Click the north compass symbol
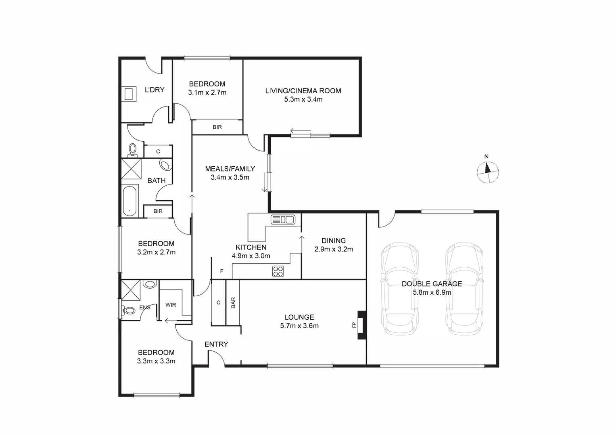[x=488, y=172]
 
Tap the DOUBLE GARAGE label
[x=432, y=284]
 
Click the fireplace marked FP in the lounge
[x=362, y=325]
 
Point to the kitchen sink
[x=283, y=220]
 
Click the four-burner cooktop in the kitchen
[x=278, y=271]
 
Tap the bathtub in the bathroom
[x=130, y=201]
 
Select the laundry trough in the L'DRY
[x=129, y=94]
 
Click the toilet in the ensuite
[x=129, y=311]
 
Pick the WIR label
[x=171, y=305]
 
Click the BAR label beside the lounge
[x=233, y=303]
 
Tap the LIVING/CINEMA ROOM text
[x=303, y=91]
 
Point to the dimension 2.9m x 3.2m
[x=334, y=249]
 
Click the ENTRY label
[x=216, y=344]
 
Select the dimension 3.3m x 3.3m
[x=156, y=361]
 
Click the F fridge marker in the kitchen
[x=221, y=272]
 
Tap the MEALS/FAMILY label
[x=230, y=169]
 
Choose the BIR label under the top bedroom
[x=217, y=127]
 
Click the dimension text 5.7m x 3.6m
[x=299, y=326]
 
